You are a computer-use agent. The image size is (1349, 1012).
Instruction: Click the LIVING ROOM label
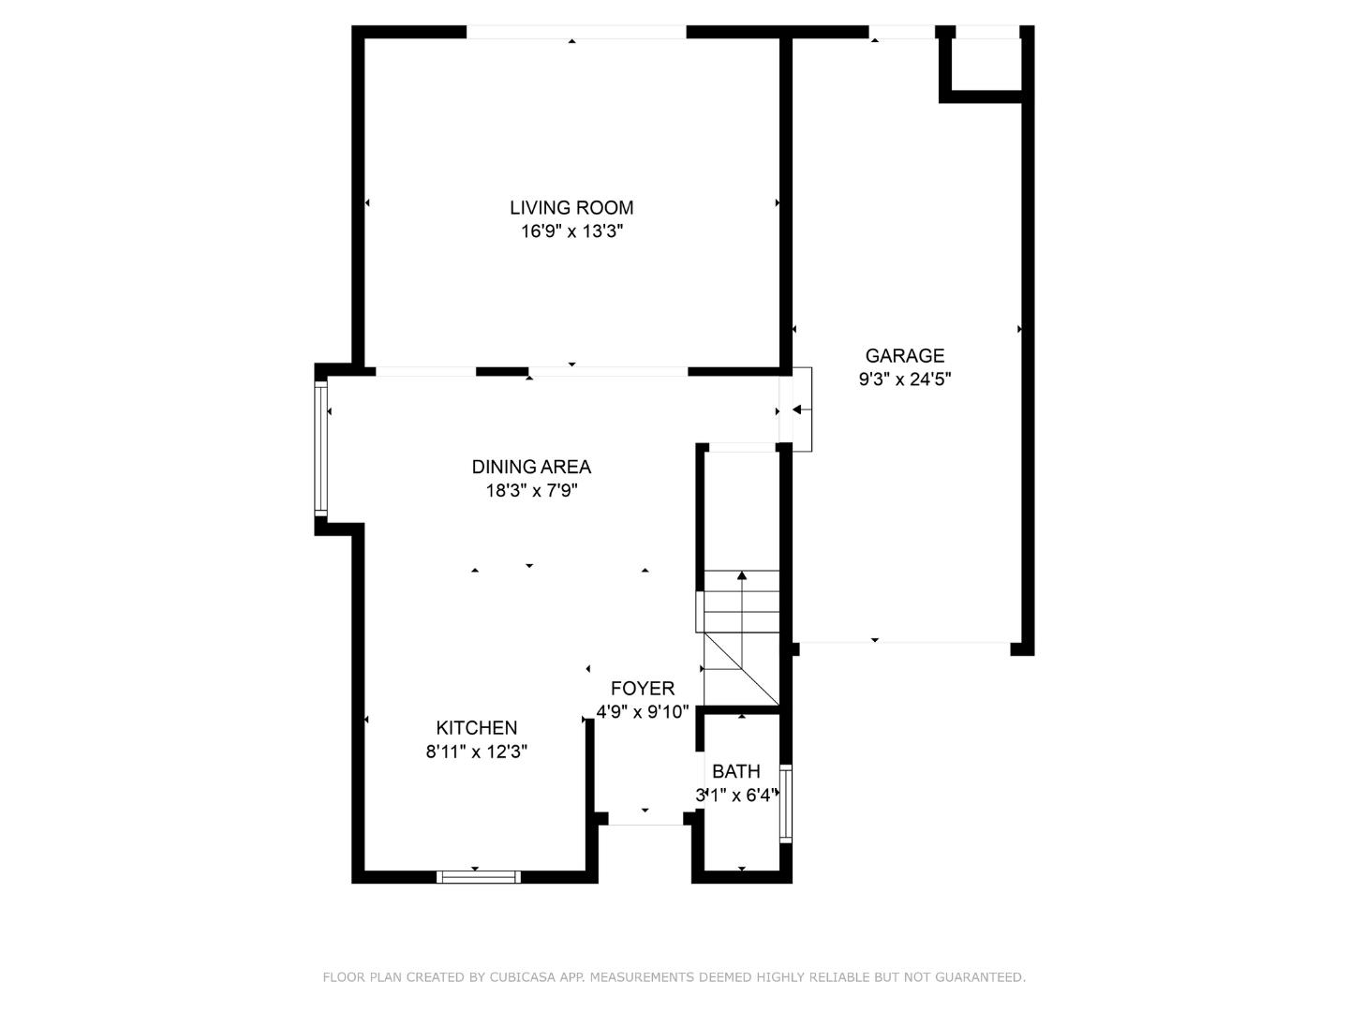pyautogui.click(x=571, y=208)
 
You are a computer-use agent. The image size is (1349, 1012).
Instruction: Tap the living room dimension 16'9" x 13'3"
pyautogui.click(x=571, y=231)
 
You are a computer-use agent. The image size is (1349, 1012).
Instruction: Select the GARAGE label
pyautogui.click(x=904, y=356)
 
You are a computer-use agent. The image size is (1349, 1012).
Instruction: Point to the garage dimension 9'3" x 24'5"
pyautogui.click(x=904, y=379)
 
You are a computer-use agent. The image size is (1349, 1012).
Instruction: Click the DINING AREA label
pyautogui.click(x=531, y=467)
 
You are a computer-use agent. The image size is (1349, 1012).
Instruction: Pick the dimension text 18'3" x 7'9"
pyautogui.click(x=531, y=490)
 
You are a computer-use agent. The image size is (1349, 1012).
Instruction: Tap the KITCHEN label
pyautogui.click(x=477, y=728)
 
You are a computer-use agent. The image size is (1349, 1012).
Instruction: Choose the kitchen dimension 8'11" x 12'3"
pyautogui.click(x=477, y=752)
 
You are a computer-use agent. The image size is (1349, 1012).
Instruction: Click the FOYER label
pyautogui.click(x=643, y=689)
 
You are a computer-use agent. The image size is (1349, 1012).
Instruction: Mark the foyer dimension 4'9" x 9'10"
pyautogui.click(x=643, y=712)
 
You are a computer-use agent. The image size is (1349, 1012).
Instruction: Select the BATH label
pyautogui.click(x=736, y=772)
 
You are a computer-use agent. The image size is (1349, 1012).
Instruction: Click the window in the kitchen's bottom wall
pyautogui.click(x=478, y=877)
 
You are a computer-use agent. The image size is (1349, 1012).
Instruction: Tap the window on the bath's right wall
pyautogui.click(x=786, y=804)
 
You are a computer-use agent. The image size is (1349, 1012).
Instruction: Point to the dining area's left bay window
pyautogui.click(x=320, y=449)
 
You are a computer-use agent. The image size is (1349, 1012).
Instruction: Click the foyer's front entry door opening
pyautogui.click(x=645, y=822)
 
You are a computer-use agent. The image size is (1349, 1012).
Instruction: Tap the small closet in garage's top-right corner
pyautogui.click(x=986, y=64)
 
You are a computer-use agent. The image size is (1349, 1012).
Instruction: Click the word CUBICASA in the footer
pyautogui.click(x=525, y=977)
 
